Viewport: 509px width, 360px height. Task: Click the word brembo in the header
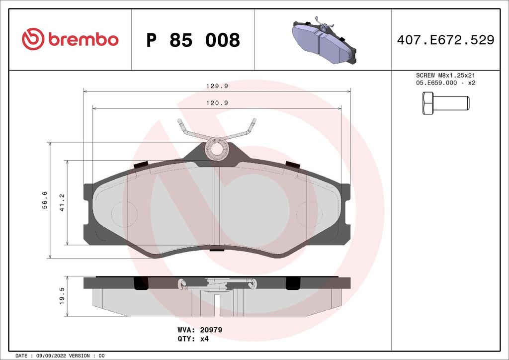point(83,40)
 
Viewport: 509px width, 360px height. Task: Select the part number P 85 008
point(193,40)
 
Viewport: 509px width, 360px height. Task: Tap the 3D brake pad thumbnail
point(324,41)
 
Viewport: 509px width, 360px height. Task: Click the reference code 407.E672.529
point(445,40)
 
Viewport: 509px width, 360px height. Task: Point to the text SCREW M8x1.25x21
point(445,75)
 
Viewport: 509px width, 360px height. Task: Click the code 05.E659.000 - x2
point(445,83)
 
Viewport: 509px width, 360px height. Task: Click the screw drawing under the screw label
point(445,103)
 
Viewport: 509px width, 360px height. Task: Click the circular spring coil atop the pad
point(217,149)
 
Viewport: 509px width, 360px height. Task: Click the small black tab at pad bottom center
point(217,250)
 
